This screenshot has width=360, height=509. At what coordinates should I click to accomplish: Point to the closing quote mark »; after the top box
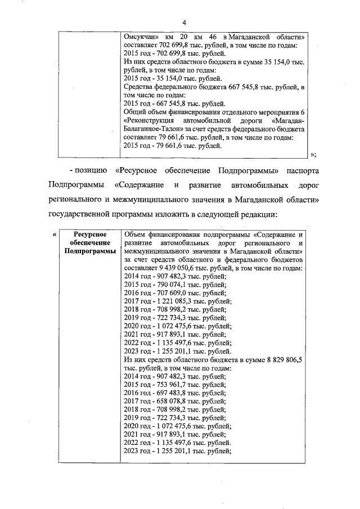313,155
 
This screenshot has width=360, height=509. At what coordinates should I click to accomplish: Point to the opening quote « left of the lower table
54,235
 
